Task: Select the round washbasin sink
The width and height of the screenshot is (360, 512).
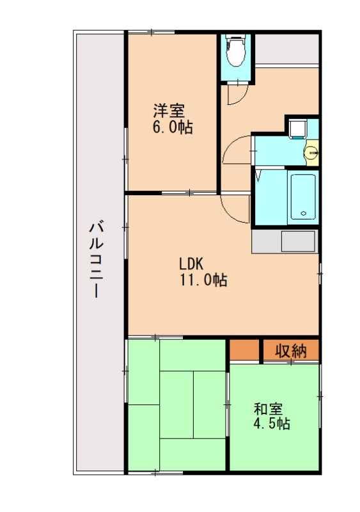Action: tap(311, 153)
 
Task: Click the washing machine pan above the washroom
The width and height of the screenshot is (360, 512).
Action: tap(296, 128)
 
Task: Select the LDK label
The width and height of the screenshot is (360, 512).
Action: tap(190, 264)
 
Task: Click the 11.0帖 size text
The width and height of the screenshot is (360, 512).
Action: tap(203, 280)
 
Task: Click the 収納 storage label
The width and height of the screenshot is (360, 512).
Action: tap(291, 351)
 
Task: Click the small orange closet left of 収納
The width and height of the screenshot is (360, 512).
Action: tap(245, 351)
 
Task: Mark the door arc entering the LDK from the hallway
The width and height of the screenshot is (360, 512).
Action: tap(233, 208)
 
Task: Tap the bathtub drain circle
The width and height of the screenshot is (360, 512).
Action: tap(304, 214)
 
